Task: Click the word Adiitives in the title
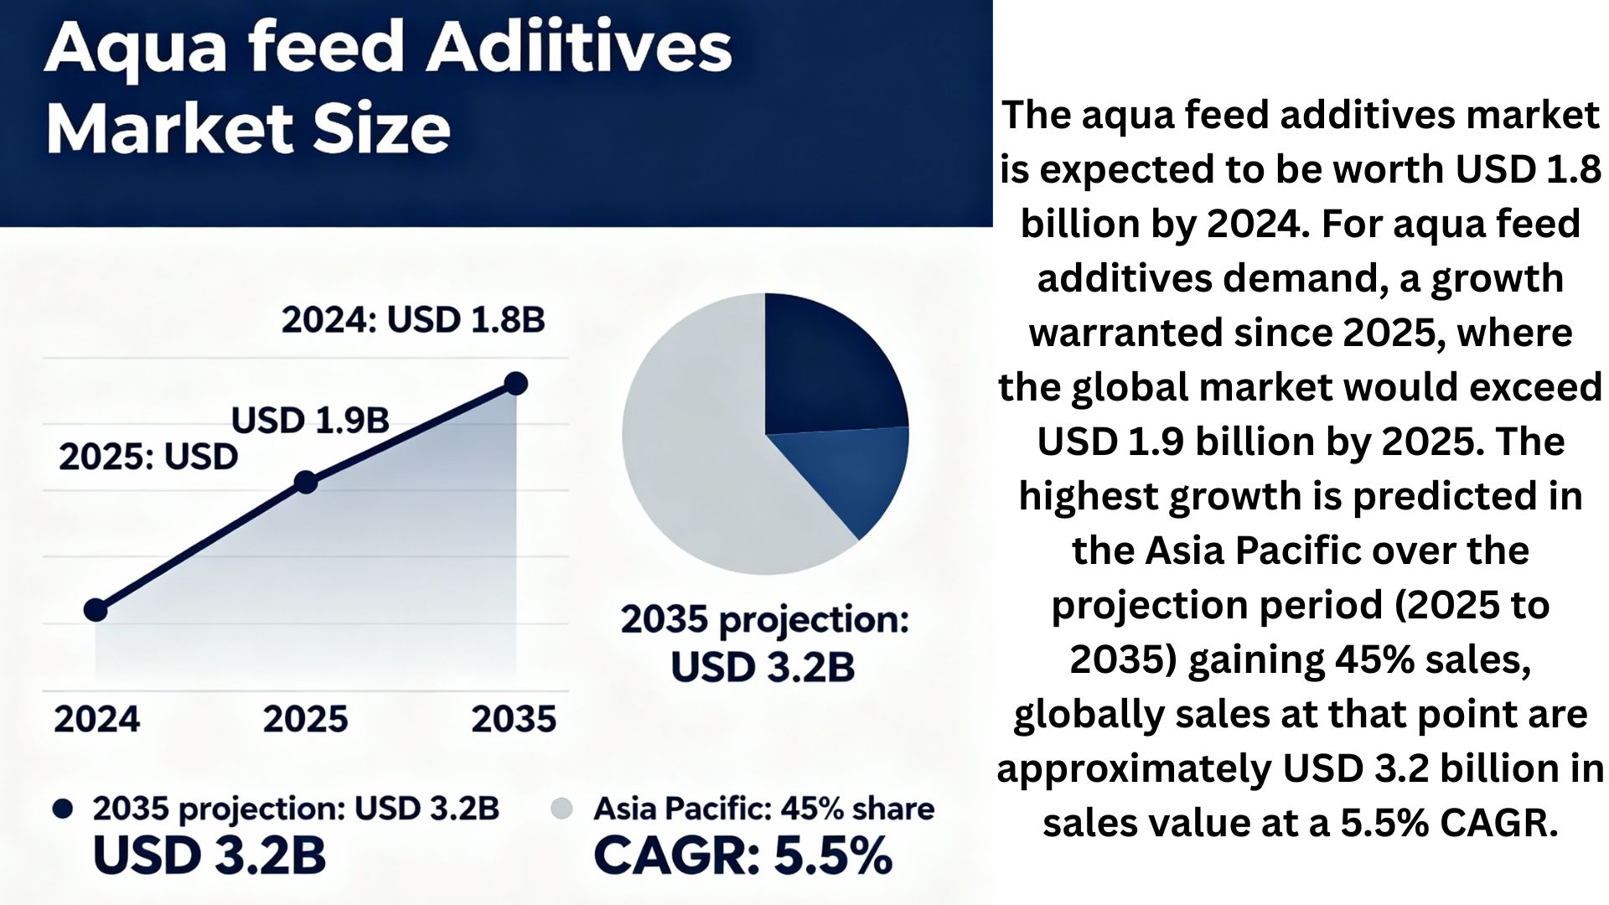coord(579,47)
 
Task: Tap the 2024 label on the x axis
coord(97,719)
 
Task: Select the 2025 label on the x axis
coord(305,719)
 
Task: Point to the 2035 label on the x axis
coord(514,719)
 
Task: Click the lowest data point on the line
coord(96,610)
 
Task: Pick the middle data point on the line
coord(306,483)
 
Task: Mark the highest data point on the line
coord(516,384)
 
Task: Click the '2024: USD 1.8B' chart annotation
coord(413,320)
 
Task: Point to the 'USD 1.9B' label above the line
coord(310,421)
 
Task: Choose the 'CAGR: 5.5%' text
coord(742,856)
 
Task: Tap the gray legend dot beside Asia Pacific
coord(561,809)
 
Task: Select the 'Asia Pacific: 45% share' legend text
coord(764,809)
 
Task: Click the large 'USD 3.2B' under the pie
coord(763,667)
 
